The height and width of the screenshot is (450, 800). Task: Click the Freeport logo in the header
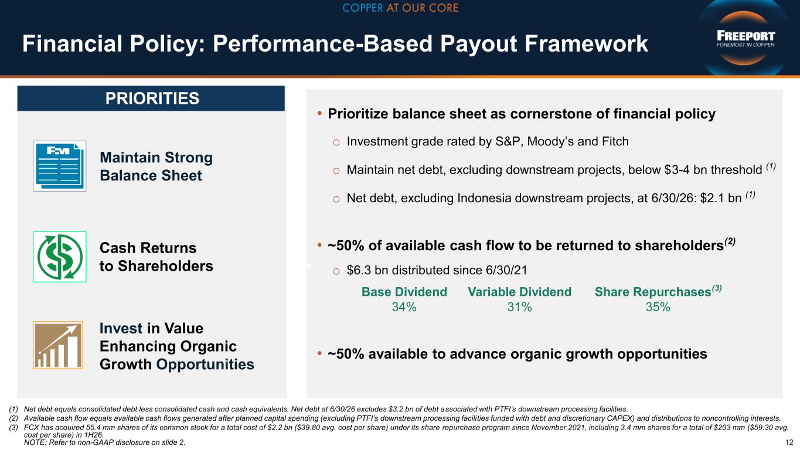tap(745, 39)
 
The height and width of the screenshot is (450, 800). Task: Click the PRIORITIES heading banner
tap(151, 98)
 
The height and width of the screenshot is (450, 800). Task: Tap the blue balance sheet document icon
tap(60, 166)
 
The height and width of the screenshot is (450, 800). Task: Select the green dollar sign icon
tap(60, 257)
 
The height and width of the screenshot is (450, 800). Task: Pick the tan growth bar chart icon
tap(58, 345)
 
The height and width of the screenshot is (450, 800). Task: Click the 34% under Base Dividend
tap(404, 307)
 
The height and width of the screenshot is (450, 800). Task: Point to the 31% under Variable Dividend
tap(519, 307)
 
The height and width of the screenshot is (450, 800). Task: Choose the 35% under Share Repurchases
tap(658, 307)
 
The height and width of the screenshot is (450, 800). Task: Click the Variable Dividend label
tap(520, 292)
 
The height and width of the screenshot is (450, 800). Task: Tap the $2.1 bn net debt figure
tap(721, 198)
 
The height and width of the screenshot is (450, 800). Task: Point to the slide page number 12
tap(789, 442)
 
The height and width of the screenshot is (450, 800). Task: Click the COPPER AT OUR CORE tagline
tap(400, 8)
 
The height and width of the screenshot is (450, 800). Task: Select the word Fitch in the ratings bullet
tap(615, 142)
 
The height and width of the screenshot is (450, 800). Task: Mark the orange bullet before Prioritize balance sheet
tap(319, 114)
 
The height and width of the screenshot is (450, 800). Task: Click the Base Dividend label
tap(404, 292)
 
